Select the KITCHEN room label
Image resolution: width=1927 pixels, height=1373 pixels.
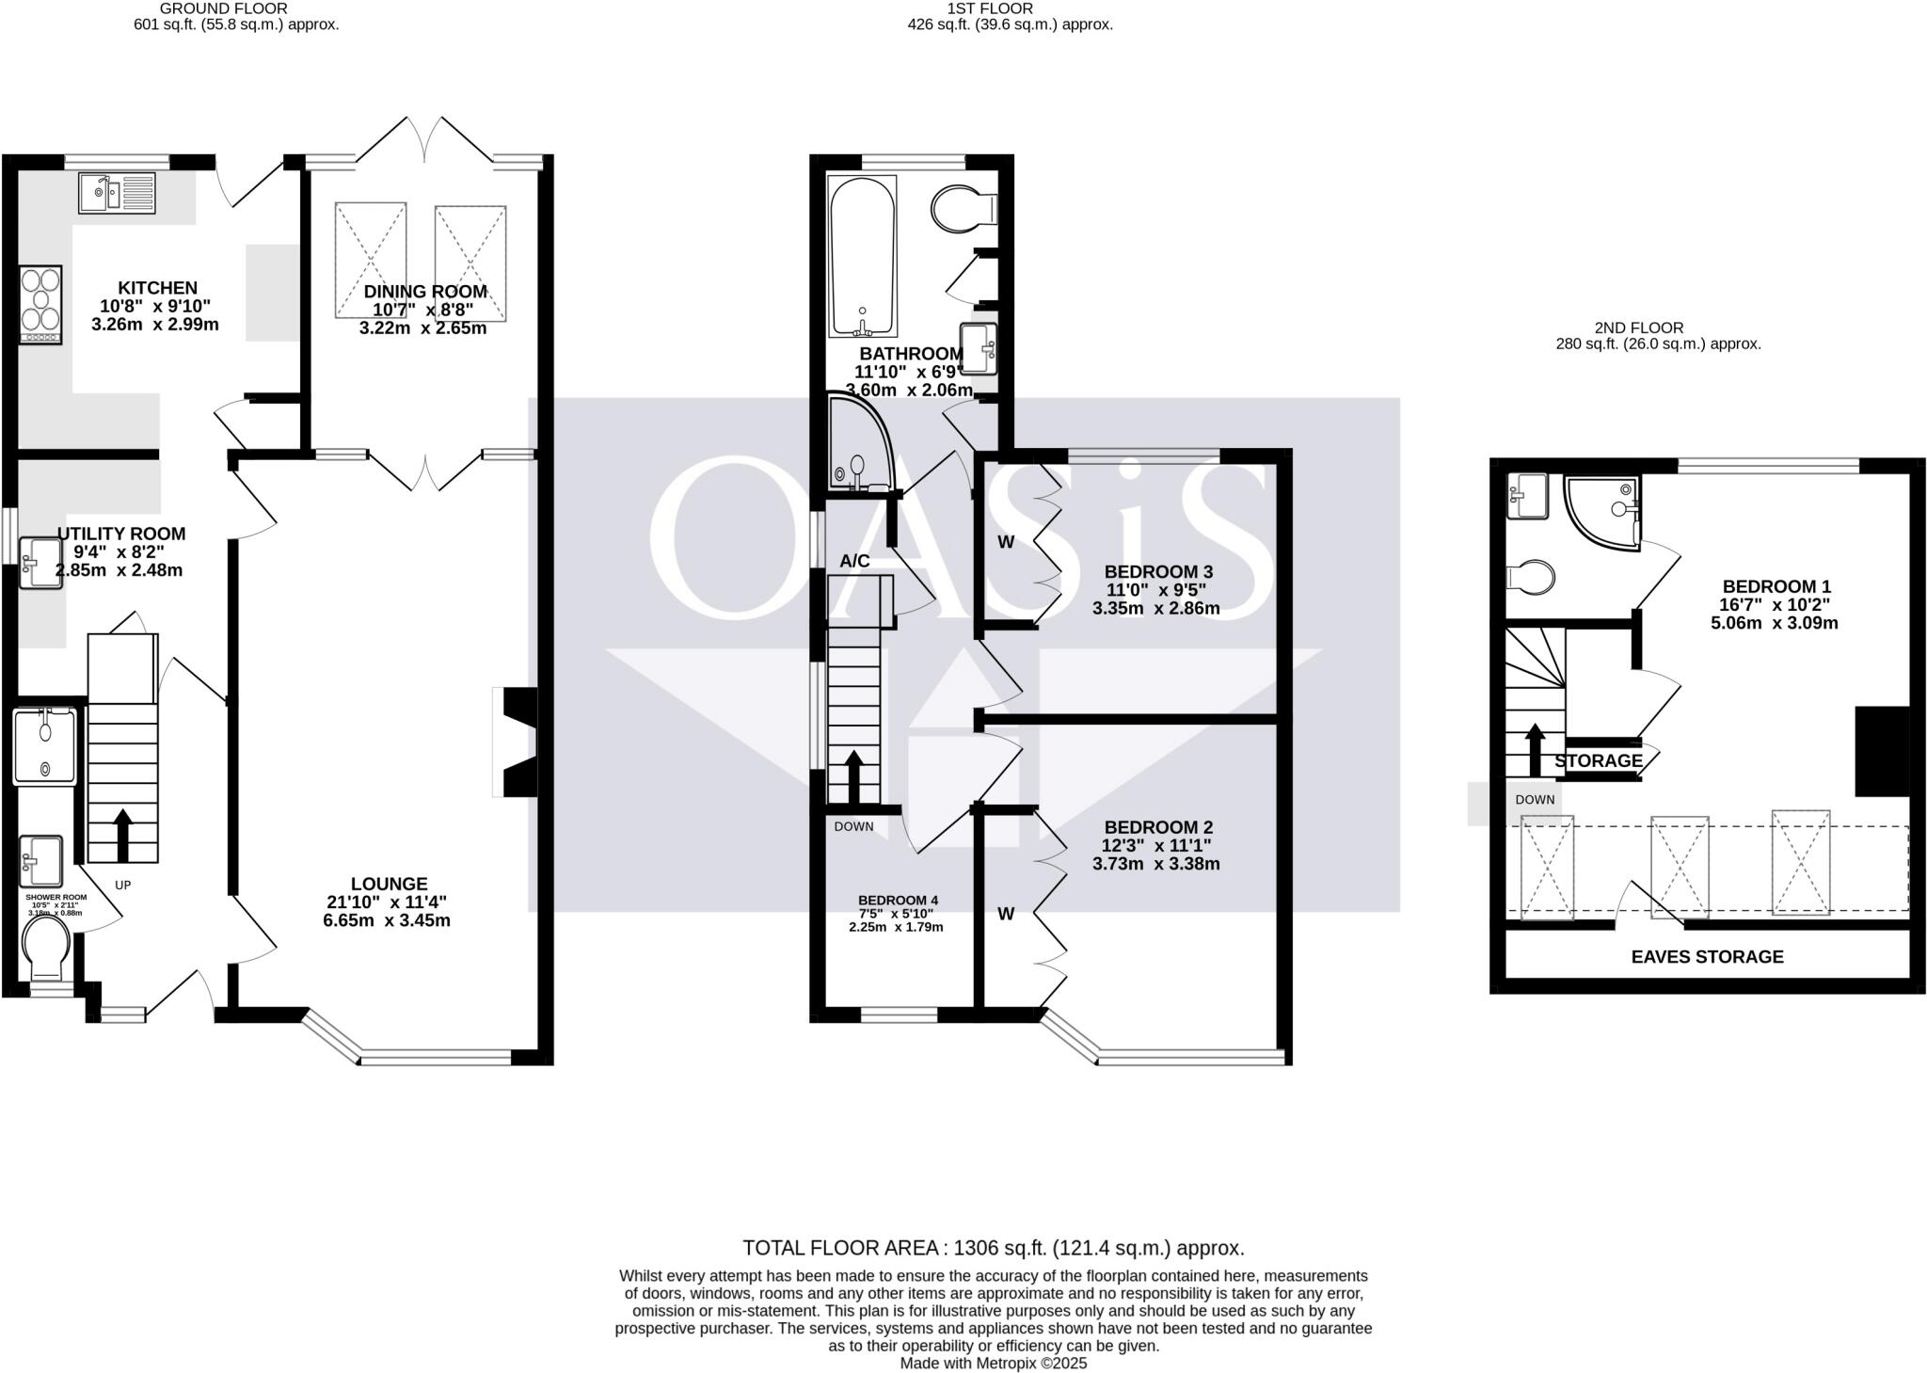pos(157,288)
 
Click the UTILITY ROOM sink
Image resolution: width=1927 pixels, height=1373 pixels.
pos(41,563)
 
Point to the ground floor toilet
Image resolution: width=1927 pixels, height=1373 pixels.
pos(46,947)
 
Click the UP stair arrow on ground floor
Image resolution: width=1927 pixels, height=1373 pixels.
pos(122,834)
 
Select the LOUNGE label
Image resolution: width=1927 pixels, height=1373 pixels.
pos(389,884)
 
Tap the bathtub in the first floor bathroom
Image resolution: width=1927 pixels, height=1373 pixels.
pos(862,256)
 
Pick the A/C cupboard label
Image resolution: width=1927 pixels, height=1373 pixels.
pos(854,561)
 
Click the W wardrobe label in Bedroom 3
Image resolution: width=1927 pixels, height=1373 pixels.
pos(1006,542)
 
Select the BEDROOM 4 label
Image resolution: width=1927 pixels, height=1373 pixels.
pos(897,901)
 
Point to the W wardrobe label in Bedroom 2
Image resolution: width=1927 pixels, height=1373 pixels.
pos(1006,914)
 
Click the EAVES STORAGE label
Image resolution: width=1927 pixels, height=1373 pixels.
pos(1707,957)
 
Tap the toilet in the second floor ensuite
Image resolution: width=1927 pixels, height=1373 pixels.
pos(1530,576)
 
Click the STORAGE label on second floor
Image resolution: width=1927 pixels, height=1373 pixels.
pos(1598,760)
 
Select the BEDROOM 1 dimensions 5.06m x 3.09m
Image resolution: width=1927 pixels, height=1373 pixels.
pos(1774,623)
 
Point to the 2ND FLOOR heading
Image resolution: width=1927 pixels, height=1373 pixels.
pos(1657,327)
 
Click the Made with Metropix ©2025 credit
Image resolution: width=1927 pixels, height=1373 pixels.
pos(993,1363)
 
